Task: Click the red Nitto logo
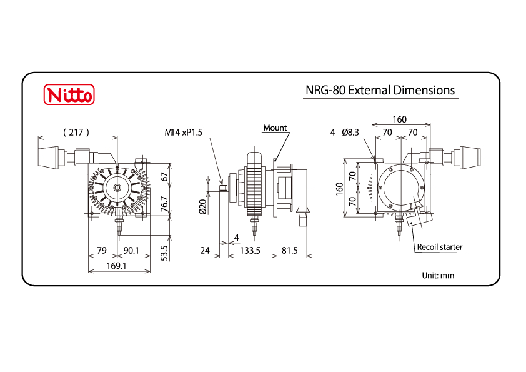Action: (69, 95)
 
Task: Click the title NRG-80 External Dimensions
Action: (380, 90)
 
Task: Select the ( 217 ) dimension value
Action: (77, 132)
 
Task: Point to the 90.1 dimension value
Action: (132, 251)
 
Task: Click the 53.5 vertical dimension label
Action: (164, 253)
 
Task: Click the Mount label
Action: (275, 128)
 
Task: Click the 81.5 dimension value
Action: (289, 251)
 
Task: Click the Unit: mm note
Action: (438, 275)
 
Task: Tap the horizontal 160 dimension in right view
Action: (400, 119)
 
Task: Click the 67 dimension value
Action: (164, 177)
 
